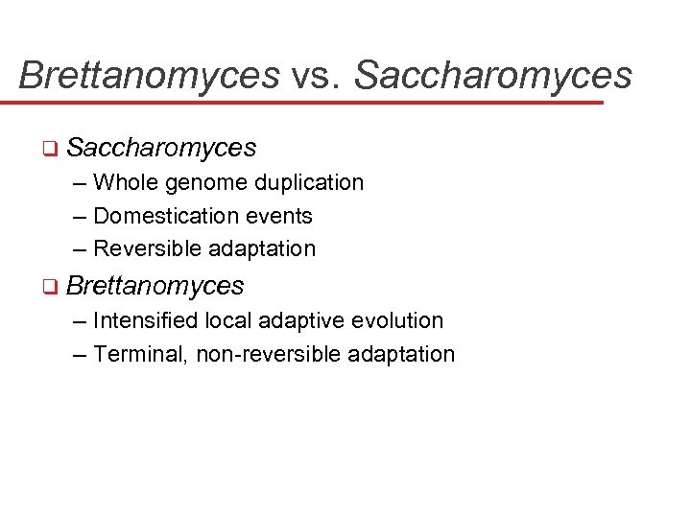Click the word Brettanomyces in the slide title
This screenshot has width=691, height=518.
click(149, 75)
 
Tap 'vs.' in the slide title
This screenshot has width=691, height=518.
click(316, 75)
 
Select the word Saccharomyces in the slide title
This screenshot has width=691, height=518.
click(493, 75)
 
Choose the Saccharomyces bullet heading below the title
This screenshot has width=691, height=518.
click(162, 148)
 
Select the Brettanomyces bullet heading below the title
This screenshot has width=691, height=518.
click(155, 286)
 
